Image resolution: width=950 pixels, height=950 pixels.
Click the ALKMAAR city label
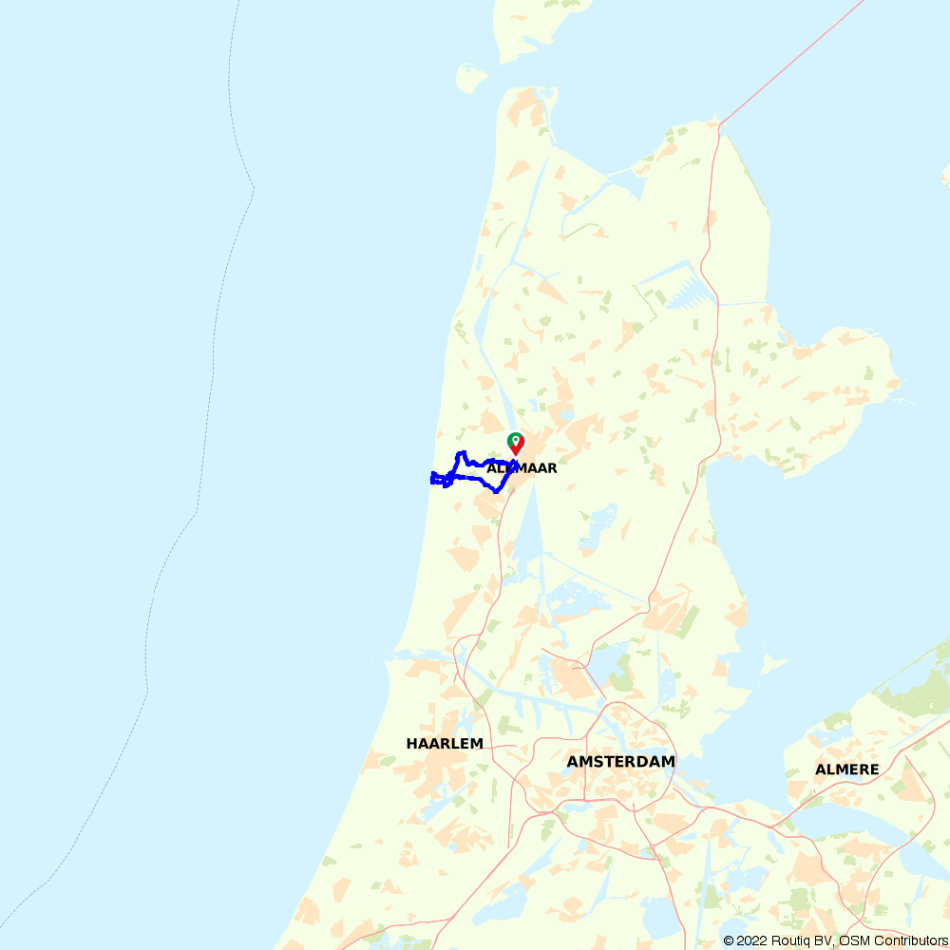(x=522, y=468)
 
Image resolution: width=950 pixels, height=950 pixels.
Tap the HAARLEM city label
(x=445, y=744)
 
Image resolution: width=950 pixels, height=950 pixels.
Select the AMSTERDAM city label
(x=620, y=762)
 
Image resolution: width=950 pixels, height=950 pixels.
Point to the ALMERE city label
(x=846, y=769)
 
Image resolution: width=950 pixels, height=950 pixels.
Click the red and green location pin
(x=515, y=443)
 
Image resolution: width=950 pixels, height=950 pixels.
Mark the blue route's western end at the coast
(x=432, y=479)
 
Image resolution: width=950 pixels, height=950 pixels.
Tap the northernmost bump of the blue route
(x=461, y=453)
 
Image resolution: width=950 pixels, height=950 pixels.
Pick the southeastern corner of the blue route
(x=498, y=490)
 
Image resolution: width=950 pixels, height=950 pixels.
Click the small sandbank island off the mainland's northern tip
(x=470, y=78)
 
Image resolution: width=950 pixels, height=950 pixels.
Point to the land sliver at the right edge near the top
(x=945, y=176)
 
